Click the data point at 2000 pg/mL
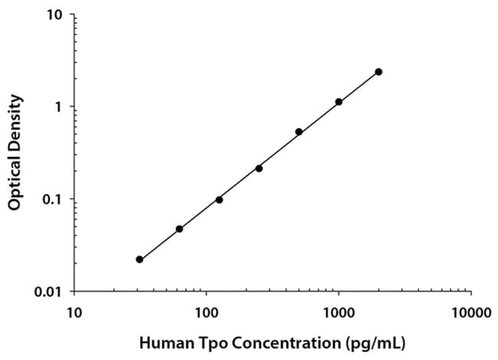tap(378, 72)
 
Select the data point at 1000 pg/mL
tap(339, 102)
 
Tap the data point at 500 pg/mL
tap(299, 132)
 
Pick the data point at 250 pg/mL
tap(259, 169)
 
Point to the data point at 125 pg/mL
tap(219, 200)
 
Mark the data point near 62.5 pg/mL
tap(179, 229)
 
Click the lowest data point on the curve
tap(139, 260)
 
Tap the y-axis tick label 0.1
tap(53, 200)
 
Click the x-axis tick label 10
tap(74, 313)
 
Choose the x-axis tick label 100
tap(206, 313)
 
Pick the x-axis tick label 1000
tap(338, 313)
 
